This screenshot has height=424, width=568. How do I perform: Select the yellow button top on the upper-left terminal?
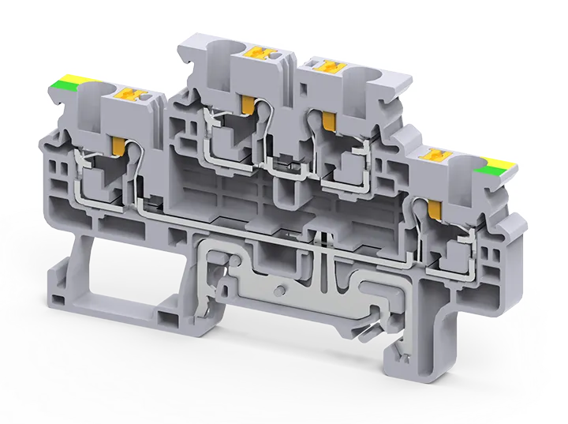click(259, 54)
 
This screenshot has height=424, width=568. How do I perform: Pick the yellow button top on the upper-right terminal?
click(325, 68)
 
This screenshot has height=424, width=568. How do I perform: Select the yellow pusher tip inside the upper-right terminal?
click(327, 119)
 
